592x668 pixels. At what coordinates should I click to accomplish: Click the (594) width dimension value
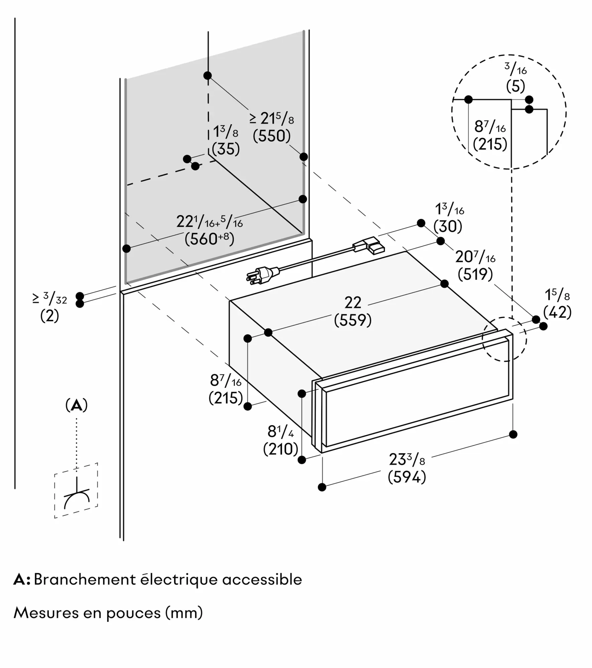(x=407, y=477)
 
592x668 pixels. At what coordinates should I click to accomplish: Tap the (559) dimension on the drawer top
(x=353, y=320)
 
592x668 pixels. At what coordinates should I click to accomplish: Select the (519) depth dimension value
(x=475, y=274)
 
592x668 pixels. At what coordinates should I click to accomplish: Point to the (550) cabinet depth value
(x=271, y=136)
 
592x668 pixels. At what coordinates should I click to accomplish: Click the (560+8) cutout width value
(x=209, y=239)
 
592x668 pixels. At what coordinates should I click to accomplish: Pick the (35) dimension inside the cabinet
(x=226, y=149)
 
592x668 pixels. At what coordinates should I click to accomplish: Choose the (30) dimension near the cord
(x=448, y=226)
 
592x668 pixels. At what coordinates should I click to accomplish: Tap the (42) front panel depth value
(x=557, y=313)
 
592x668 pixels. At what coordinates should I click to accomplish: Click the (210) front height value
(x=280, y=449)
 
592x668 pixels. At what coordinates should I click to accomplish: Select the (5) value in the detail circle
(x=515, y=87)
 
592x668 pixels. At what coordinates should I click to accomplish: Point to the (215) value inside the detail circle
(x=490, y=144)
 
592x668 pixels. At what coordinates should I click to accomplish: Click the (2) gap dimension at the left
(x=49, y=316)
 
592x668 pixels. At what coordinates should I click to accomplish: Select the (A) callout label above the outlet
(x=77, y=405)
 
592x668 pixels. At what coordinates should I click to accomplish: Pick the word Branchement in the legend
(x=85, y=579)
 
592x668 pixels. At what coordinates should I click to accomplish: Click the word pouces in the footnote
(x=133, y=613)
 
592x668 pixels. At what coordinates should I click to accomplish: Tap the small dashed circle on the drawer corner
(x=504, y=339)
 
